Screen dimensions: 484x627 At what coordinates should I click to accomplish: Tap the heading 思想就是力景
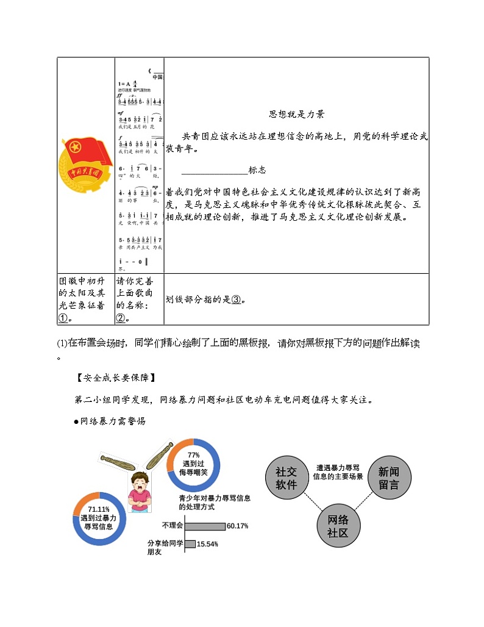pos(296,114)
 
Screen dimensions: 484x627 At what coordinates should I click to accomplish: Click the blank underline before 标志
pos(215,171)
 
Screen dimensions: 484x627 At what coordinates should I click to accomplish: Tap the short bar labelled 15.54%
pos(190,544)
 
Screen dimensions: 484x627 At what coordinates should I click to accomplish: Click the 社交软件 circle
pos(286,478)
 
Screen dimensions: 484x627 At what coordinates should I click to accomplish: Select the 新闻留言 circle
pos(388,478)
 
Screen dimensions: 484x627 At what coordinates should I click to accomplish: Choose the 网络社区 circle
pos(338,526)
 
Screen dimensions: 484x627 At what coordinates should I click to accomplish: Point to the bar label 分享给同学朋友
pos(165,547)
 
